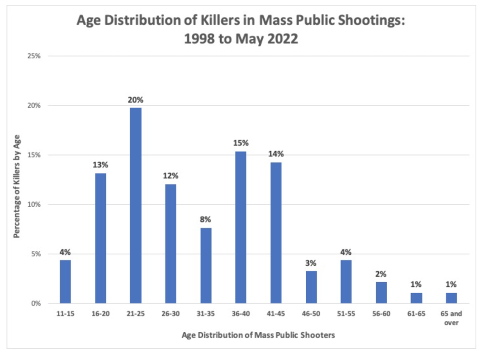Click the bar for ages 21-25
click(x=135, y=206)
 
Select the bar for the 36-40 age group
click(x=241, y=227)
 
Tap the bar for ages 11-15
click(x=65, y=282)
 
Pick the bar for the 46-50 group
click(x=311, y=287)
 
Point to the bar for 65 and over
click(x=451, y=298)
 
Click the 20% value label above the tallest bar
click(x=135, y=100)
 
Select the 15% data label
click(x=241, y=143)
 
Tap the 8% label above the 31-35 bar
click(x=206, y=219)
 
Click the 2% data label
click(x=381, y=274)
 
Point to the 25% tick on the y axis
click(x=36, y=56)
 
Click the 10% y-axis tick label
click(x=36, y=205)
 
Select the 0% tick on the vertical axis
click(x=38, y=304)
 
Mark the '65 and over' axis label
click(x=451, y=319)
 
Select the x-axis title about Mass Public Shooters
click(x=258, y=335)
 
